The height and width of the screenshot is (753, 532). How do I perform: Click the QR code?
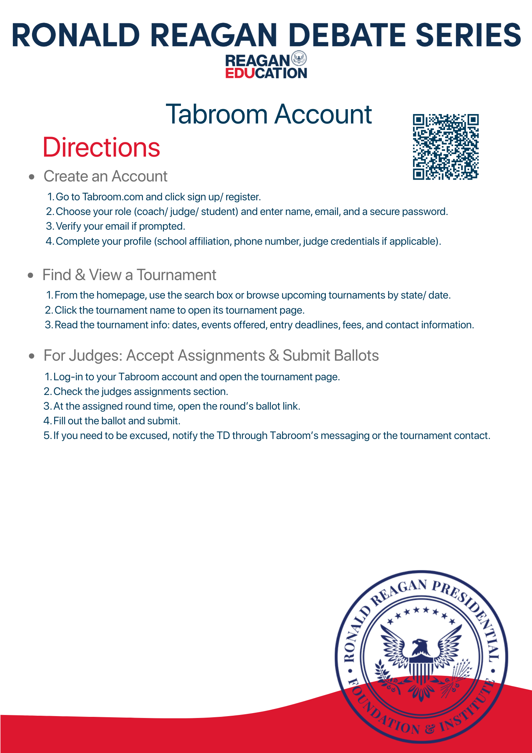coord(445,147)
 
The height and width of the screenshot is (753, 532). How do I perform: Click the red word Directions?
coord(102,147)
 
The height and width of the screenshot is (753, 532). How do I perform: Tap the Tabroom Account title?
coord(269,114)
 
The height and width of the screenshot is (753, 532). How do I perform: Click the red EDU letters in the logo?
coord(240,73)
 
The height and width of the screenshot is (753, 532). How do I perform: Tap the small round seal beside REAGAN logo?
coord(299,59)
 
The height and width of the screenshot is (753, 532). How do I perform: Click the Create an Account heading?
coord(105,176)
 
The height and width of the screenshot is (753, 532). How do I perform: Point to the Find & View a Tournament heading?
coord(129,275)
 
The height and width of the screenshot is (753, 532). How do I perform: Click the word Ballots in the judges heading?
coord(356,355)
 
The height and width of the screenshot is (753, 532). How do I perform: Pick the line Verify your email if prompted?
coord(120,226)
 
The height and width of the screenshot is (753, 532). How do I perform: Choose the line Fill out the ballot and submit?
coord(117,421)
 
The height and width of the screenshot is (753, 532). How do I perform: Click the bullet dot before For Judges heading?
coord(32,356)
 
